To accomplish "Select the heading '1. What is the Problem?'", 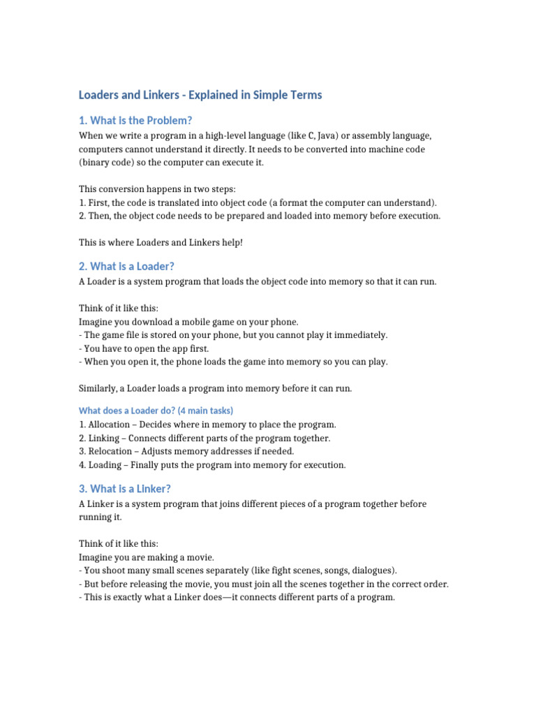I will (x=135, y=121).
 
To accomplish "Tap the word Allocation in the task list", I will (x=109, y=425).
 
